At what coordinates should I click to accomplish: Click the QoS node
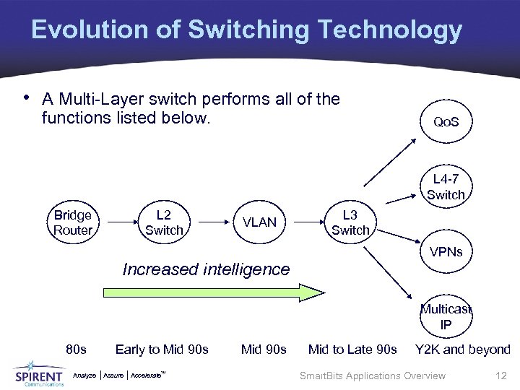click(x=446, y=122)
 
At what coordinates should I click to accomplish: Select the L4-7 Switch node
click(x=446, y=187)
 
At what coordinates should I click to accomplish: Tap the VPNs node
click(x=446, y=252)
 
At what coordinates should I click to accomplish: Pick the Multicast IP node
click(x=446, y=316)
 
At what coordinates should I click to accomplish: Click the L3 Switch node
click(x=350, y=222)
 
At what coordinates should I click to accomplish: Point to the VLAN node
click(x=260, y=222)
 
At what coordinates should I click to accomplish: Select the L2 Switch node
click(x=164, y=222)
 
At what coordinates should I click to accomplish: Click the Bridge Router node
click(x=73, y=222)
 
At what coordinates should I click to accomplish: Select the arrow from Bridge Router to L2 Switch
click(x=118, y=222)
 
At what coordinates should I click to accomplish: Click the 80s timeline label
click(x=76, y=350)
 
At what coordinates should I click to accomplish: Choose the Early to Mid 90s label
click(x=162, y=350)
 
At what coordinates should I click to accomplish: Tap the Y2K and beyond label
click(x=462, y=350)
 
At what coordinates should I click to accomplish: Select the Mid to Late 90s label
click(x=352, y=350)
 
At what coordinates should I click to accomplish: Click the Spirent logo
click(x=39, y=374)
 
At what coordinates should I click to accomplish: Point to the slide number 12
click(x=500, y=376)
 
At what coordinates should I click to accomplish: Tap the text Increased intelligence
click(x=206, y=269)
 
